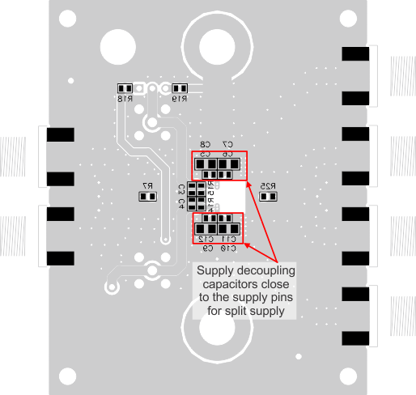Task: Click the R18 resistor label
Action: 124,98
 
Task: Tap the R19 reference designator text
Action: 179,98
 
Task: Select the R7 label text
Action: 147,186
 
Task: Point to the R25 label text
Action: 269,186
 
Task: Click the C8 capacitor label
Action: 206,144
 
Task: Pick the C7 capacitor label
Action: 228,144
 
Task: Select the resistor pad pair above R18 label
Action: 124,87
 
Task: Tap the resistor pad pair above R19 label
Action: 179,87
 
